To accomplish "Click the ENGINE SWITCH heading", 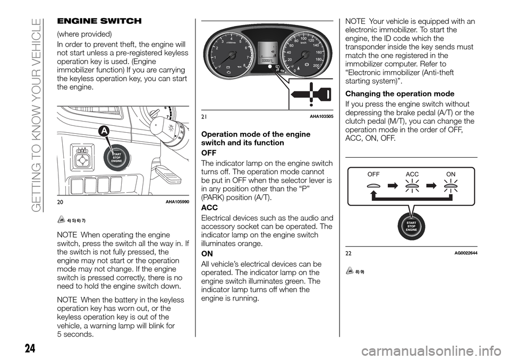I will (98, 21).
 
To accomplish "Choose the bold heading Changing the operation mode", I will (402, 94).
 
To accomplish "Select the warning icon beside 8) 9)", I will (349, 271).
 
